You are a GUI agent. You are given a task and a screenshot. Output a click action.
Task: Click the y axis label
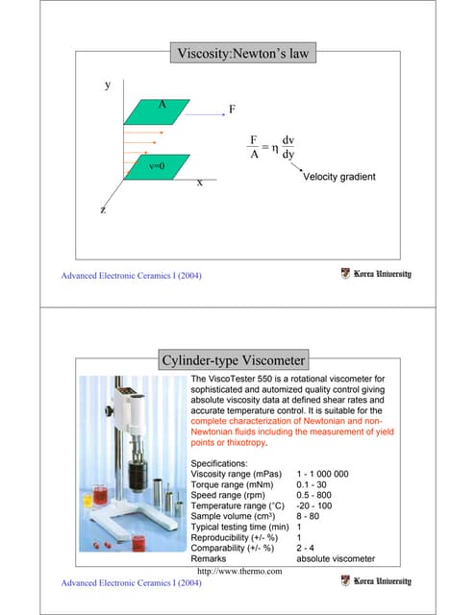click(107, 86)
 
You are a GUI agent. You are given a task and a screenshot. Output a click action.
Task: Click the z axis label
click(102, 209)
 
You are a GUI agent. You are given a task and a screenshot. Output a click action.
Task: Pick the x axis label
click(199, 182)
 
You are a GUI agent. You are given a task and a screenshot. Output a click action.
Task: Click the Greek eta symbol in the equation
click(275, 149)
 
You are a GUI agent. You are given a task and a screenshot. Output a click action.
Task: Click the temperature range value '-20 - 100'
click(314, 509)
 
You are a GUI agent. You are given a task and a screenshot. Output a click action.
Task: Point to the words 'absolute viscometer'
click(336, 557)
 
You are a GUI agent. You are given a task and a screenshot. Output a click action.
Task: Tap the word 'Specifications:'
click(224, 462)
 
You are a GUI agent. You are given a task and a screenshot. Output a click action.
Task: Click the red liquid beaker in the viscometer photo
click(99, 499)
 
